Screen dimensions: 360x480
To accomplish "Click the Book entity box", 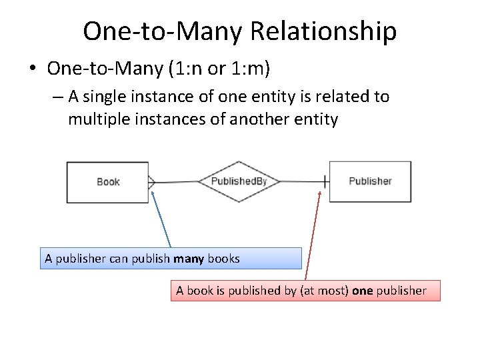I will tap(107, 182).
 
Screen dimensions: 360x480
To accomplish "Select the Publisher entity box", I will tap(370, 181).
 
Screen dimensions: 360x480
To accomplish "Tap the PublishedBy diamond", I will tap(239, 181).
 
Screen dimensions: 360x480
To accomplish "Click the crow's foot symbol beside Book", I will tap(151, 181).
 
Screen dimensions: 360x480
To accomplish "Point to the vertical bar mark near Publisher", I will tap(325, 181).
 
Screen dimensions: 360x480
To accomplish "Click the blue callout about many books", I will tap(170, 258).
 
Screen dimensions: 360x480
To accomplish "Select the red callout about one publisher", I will tap(305, 291).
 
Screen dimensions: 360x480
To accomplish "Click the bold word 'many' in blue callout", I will tap(189, 258).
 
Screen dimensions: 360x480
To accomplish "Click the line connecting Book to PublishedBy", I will tap(177, 181).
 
